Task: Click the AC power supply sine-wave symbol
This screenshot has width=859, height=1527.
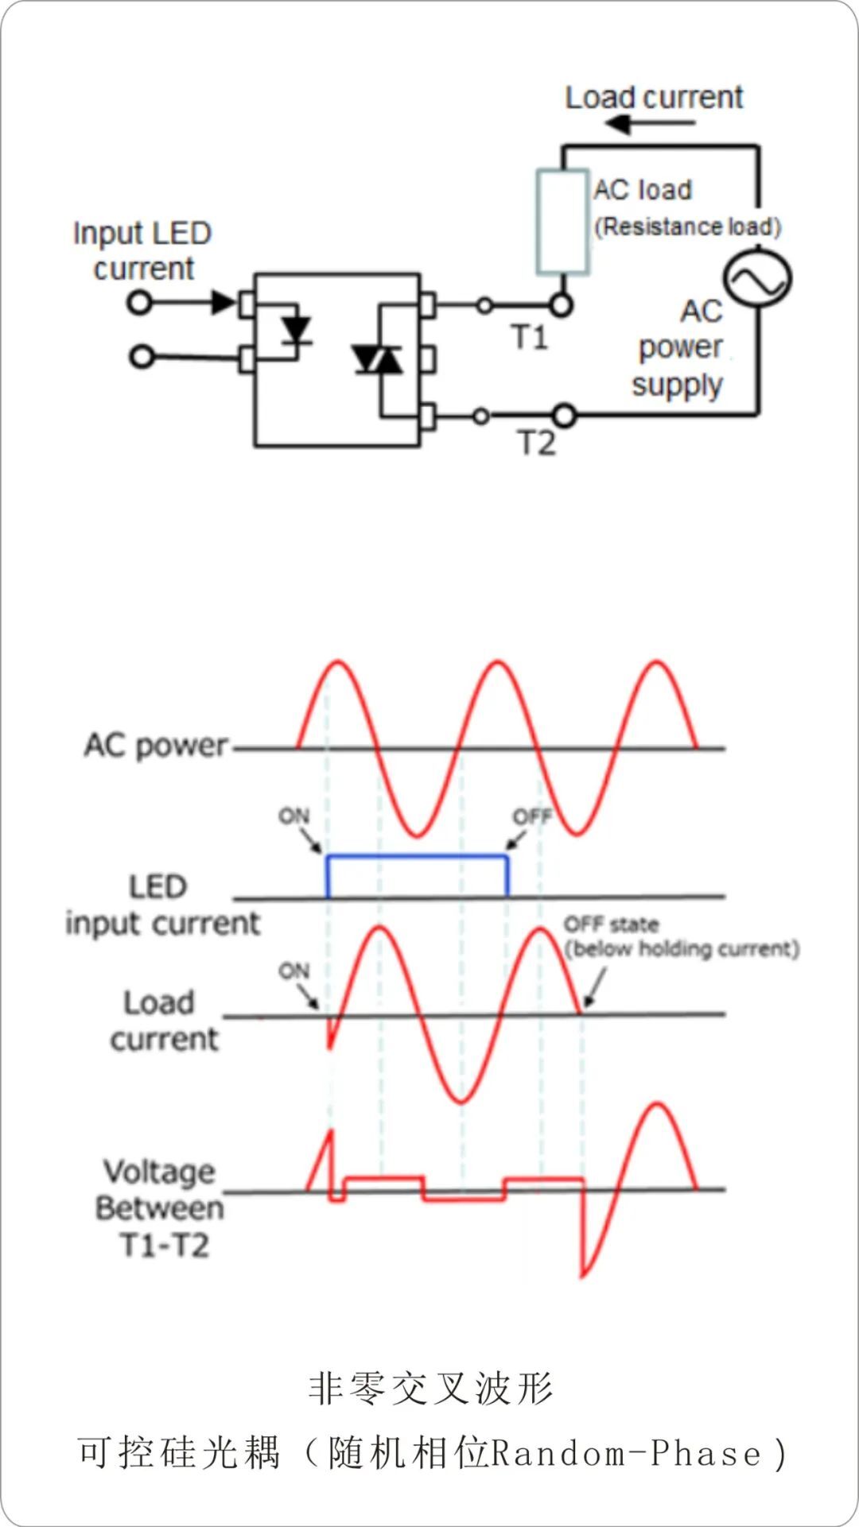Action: (x=756, y=278)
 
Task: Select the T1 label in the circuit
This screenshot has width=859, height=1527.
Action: (x=529, y=338)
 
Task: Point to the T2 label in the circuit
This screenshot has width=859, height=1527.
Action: (x=536, y=443)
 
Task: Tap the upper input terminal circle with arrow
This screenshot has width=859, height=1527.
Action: (x=140, y=302)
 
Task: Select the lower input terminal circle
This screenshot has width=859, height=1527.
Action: (x=142, y=357)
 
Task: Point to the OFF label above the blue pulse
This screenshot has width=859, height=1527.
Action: (x=531, y=817)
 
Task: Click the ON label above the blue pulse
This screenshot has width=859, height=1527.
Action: (x=293, y=816)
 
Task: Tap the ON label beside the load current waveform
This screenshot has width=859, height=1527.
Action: (x=293, y=971)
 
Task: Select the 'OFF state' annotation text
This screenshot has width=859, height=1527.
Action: (x=611, y=924)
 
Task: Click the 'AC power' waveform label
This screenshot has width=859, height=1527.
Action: (x=156, y=746)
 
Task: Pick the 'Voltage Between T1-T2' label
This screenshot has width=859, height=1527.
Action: (x=160, y=1208)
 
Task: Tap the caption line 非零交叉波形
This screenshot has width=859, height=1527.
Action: (x=430, y=1389)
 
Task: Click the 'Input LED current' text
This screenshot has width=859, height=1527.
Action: (x=142, y=250)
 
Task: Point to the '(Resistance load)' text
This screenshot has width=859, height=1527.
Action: (x=688, y=227)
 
